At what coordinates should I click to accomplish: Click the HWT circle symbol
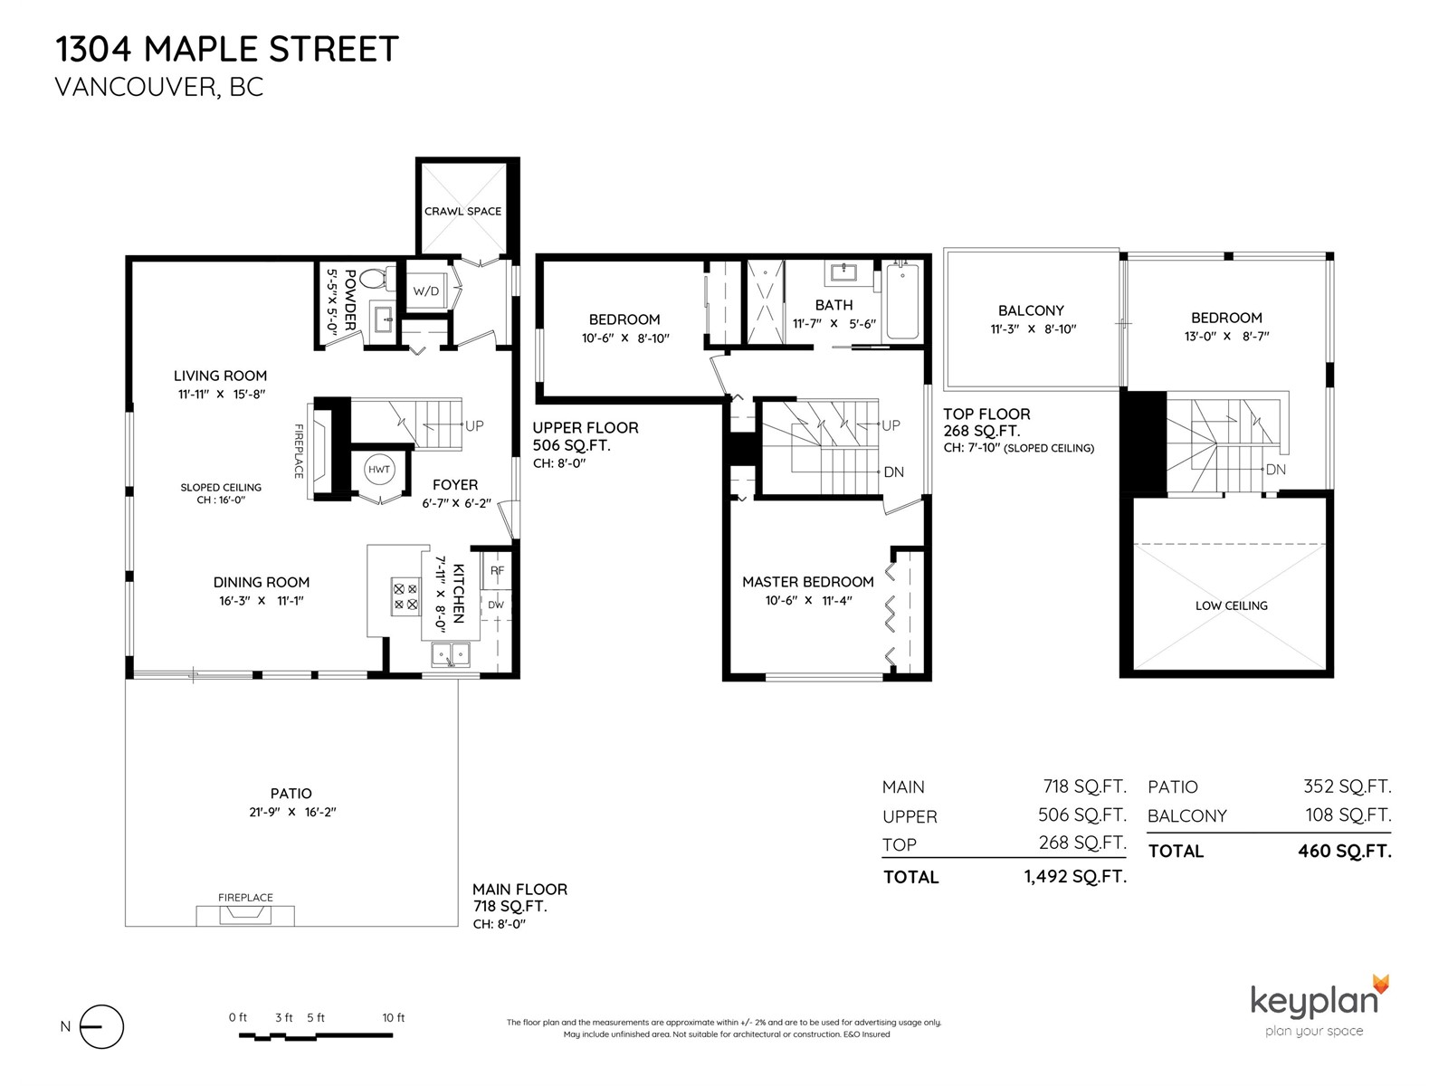[x=378, y=470]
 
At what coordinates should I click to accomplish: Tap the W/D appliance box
[x=426, y=291]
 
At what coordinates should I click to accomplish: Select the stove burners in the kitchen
[x=405, y=596]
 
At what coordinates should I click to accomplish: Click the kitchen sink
[x=452, y=654]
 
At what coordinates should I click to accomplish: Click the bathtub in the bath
[x=902, y=302]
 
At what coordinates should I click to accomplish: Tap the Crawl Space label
[x=462, y=211]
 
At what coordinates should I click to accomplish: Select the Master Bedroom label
[x=807, y=582]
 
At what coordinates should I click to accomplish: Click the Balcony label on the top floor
[x=1031, y=310]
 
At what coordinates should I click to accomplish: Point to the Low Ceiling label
[x=1231, y=605]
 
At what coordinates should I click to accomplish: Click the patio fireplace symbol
[x=245, y=915]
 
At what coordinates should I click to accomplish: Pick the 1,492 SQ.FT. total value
[x=1075, y=876]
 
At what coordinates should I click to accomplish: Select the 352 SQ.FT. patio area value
[x=1347, y=786]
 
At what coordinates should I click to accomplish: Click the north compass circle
[x=101, y=1026]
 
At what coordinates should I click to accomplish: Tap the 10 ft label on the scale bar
[x=393, y=1017]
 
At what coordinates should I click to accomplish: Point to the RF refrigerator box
[x=497, y=570]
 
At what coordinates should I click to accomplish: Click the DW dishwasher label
[x=495, y=605]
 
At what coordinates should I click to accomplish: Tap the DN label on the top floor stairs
[x=1275, y=470]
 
